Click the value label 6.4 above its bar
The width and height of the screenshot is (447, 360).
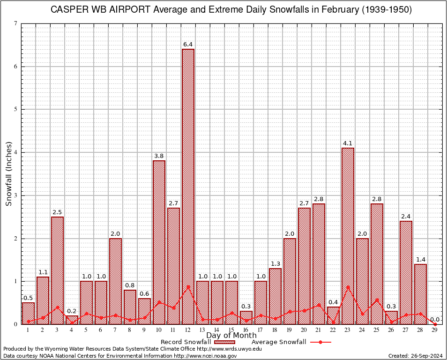tap(188, 45)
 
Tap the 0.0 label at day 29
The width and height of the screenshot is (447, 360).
tap(435, 319)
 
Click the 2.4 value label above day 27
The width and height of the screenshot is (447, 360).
tap(406, 217)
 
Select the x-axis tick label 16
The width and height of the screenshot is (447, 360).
tap(246, 330)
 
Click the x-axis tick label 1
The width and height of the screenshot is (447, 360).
tap(28, 330)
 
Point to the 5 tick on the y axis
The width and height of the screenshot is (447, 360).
tap(15, 109)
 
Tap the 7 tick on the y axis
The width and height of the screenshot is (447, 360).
tap(15, 23)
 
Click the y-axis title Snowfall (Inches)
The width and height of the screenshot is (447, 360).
tap(8, 173)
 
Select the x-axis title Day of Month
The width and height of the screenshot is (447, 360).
tap(231, 336)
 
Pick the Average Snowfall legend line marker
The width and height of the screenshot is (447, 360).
tap(320, 342)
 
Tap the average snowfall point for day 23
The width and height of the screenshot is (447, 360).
tap(348, 287)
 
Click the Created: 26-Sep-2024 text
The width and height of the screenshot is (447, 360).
tap(416, 356)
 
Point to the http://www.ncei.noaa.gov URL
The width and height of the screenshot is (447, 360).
tap(205, 356)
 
